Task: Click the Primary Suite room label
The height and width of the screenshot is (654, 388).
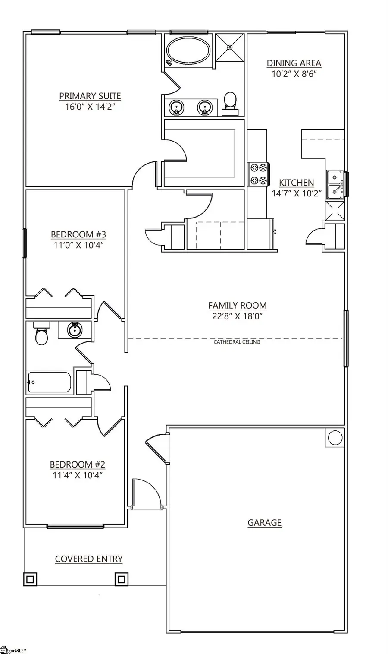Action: [x=90, y=96]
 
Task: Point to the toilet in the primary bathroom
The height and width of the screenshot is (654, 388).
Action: [x=230, y=103]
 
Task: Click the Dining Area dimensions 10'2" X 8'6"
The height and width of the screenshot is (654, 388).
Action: [x=294, y=74]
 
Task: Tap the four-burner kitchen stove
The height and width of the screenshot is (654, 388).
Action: [x=258, y=174]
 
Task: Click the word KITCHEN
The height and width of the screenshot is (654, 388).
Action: [x=296, y=183]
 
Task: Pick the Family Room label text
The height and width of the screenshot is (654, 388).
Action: [x=237, y=306]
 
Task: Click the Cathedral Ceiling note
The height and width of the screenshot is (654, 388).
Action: [x=237, y=342]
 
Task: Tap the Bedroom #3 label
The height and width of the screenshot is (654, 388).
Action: [x=78, y=234]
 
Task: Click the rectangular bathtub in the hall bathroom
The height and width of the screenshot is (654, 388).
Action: [x=49, y=382]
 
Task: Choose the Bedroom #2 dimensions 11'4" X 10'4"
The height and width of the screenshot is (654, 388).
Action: [x=77, y=475]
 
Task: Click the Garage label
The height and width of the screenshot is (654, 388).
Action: [x=264, y=523]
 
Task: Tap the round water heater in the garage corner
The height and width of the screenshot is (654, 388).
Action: [x=335, y=438]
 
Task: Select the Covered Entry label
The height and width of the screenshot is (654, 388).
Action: [x=89, y=559]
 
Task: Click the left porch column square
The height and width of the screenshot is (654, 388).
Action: [x=30, y=578]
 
